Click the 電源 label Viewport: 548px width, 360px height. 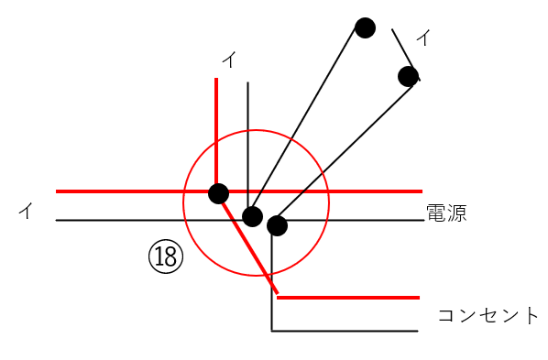coord(446,214)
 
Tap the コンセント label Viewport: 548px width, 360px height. coord(488,316)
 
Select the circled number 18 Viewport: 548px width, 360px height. coord(166,256)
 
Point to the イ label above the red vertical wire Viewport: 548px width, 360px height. coord(229,60)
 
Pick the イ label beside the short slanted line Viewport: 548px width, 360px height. coord(423,38)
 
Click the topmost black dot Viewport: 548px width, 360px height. coord(365,27)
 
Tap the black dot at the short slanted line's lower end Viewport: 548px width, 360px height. coord(408,76)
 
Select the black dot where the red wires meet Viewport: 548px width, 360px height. coord(218,193)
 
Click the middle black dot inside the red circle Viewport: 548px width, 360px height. coord(252,216)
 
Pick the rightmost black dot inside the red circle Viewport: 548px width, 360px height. coord(277,225)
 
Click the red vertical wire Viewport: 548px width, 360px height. coord(216,128)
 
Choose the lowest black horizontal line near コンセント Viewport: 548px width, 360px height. coord(348,330)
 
